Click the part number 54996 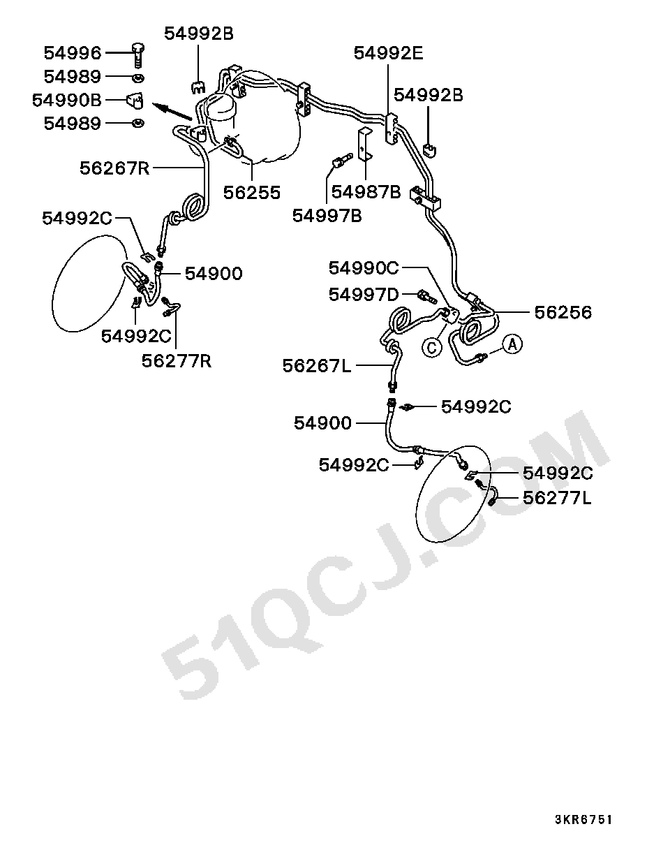73,53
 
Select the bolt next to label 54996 137,54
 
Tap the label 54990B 67,100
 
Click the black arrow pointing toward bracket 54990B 172,111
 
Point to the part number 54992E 389,53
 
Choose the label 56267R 114,168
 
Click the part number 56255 252,193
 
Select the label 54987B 366,192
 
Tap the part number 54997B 327,216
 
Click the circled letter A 512,345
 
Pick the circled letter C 432,348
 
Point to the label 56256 563,313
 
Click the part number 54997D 364,295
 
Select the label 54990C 364,268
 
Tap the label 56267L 317,367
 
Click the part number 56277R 177,361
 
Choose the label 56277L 557,499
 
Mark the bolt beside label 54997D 427,297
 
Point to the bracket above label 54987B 365,145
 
